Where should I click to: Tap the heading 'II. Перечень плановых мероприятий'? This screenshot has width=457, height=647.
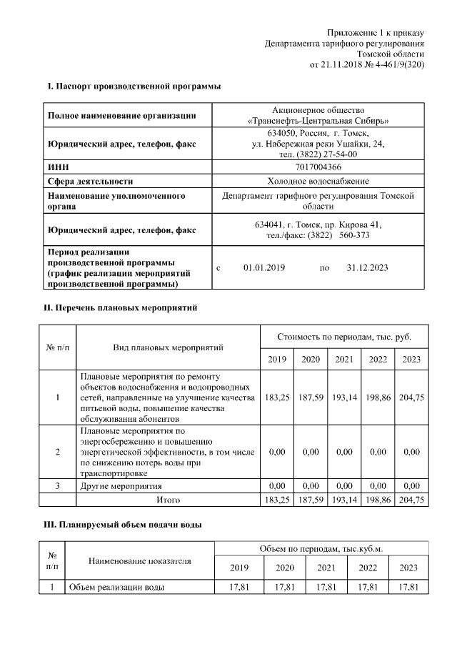click(x=121, y=308)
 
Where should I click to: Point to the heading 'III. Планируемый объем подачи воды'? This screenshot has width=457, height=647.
click(x=124, y=525)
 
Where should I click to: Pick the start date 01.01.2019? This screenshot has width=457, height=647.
click(x=263, y=267)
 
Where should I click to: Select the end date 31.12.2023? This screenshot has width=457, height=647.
click(x=367, y=267)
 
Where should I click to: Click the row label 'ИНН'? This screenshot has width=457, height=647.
click(x=58, y=167)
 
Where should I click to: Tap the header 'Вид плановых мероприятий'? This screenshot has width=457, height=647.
click(x=168, y=347)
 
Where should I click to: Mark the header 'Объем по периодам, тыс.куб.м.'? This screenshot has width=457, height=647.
click(x=320, y=549)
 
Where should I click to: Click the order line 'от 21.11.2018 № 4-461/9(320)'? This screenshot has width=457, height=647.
click(x=366, y=64)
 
